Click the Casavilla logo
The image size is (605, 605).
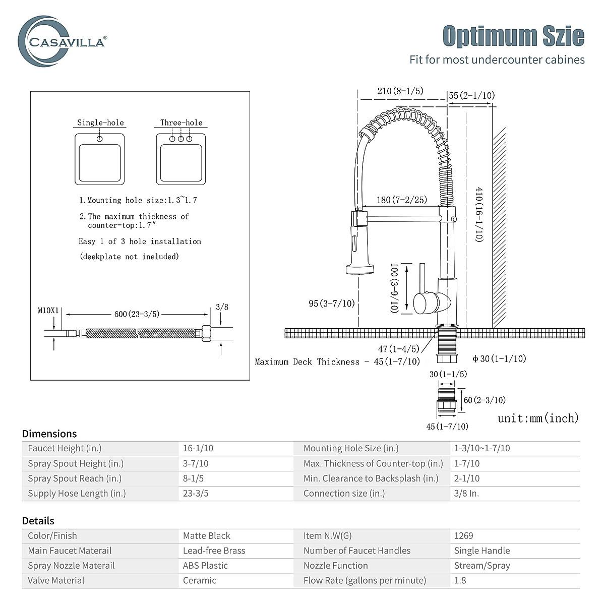pyautogui.click(x=62, y=41)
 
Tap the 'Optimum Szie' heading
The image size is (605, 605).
pyautogui.click(x=513, y=36)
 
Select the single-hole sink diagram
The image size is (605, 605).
pyautogui.click(x=99, y=159)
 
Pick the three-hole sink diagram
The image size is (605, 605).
pyautogui.click(x=181, y=159)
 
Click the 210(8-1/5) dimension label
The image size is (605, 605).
pyautogui.click(x=400, y=91)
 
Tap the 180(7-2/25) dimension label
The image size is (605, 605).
pyautogui.click(x=402, y=200)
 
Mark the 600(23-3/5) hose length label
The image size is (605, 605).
pyautogui.click(x=137, y=314)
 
